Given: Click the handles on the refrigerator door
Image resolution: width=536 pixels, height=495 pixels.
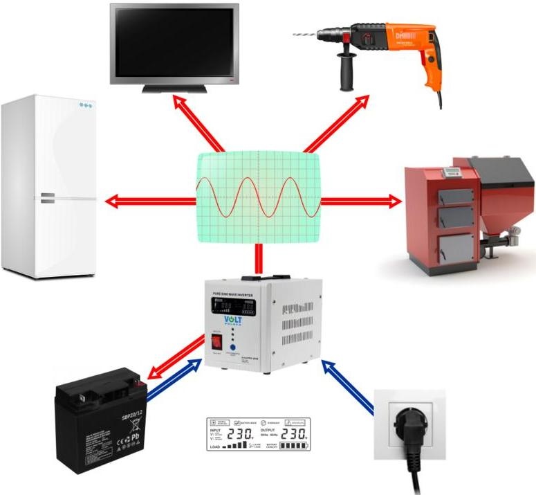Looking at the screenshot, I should (47, 198).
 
